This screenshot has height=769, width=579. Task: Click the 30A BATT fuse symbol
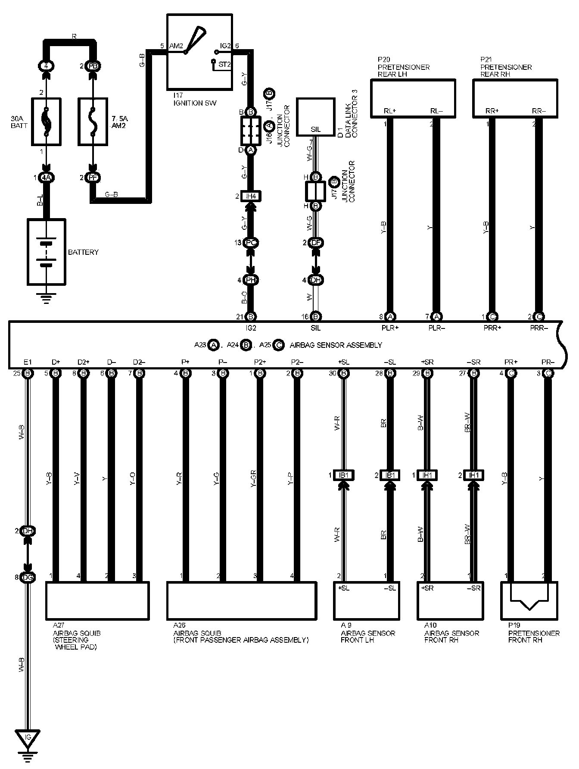pos(46,121)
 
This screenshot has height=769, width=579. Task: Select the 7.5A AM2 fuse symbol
pos(93,121)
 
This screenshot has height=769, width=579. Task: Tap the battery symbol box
pos(47,252)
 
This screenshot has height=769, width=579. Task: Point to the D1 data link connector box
pos(315,116)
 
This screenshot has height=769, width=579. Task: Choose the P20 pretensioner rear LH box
pos(413,98)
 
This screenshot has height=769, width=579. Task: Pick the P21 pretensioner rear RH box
pos(515,98)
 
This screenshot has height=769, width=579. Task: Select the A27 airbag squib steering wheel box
pos(97,601)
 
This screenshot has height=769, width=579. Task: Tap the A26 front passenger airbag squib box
pos(242,601)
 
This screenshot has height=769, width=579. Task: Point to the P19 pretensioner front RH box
pos(529,601)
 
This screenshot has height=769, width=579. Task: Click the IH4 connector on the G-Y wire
pos(251,196)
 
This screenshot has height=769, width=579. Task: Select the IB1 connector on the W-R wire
pos(344,475)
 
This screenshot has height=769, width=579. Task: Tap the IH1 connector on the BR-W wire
pos(474,475)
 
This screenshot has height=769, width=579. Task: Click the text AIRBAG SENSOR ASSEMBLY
pos(336,345)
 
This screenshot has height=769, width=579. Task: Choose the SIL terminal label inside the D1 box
pos(315,129)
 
